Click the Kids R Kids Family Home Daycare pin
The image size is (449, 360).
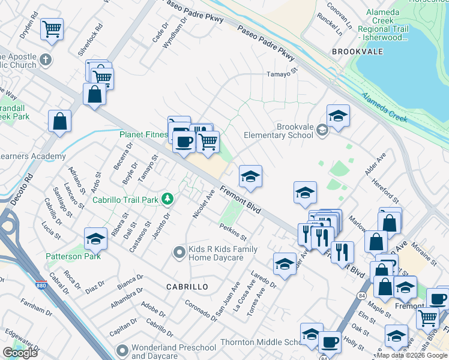(x=178, y=253)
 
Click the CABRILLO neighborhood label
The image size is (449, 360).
(x=187, y=287)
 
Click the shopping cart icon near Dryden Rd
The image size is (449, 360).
(x=52, y=28)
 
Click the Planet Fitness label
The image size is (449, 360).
(x=143, y=134)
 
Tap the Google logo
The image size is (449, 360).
(x=20, y=353)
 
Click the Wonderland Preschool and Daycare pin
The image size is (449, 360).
(x=122, y=349)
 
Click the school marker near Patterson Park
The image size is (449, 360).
(x=95, y=239)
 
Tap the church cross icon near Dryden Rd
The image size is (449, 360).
(x=46, y=61)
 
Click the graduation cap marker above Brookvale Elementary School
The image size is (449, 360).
(x=338, y=115)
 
